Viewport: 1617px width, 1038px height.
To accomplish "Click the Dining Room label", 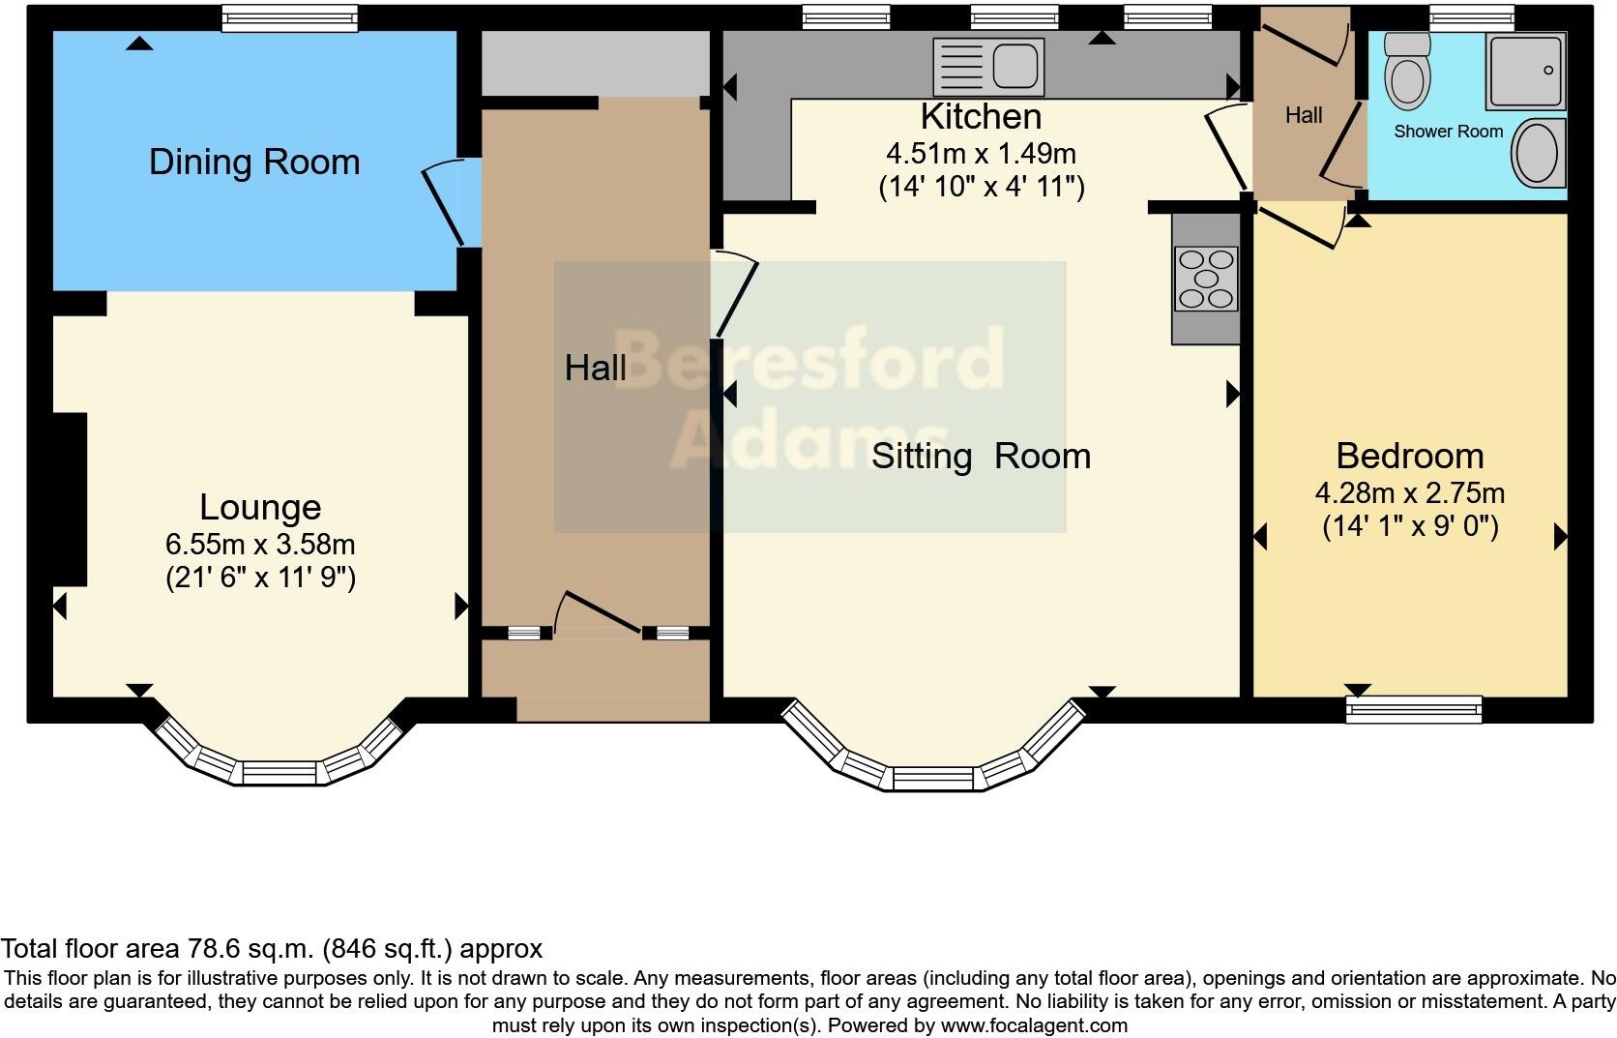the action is [x=254, y=162].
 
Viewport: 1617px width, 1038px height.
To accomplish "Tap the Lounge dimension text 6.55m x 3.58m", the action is [x=260, y=545].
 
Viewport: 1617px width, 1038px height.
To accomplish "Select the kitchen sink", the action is [x=988, y=67].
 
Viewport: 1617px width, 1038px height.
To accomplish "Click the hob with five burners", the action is [x=1206, y=279].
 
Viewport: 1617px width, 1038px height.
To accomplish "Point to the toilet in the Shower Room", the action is [x=1408, y=71].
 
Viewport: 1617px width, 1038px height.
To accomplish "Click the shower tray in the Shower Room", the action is [x=1525, y=71].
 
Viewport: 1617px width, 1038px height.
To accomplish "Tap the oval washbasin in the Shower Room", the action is [x=1539, y=153].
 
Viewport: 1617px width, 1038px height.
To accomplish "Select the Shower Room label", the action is [x=1448, y=132].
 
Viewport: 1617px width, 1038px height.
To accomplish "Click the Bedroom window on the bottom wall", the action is [x=1414, y=709].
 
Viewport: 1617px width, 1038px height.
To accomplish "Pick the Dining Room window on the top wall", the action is [x=289, y=18].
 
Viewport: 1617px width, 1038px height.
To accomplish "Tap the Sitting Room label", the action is [x=981, y=457].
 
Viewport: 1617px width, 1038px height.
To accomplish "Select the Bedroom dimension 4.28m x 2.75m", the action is [x=1410, y=493].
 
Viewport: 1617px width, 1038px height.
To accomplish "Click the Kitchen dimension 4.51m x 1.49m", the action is [x=981, y=154].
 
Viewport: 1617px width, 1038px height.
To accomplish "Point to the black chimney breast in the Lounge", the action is [x=70, y=499].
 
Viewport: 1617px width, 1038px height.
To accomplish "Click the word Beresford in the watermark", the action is [x=808, y=359].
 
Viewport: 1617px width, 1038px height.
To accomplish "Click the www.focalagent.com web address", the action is [x=1034, y=1025].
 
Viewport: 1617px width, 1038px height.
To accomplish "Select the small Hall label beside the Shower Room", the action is [x=1304, y=115].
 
